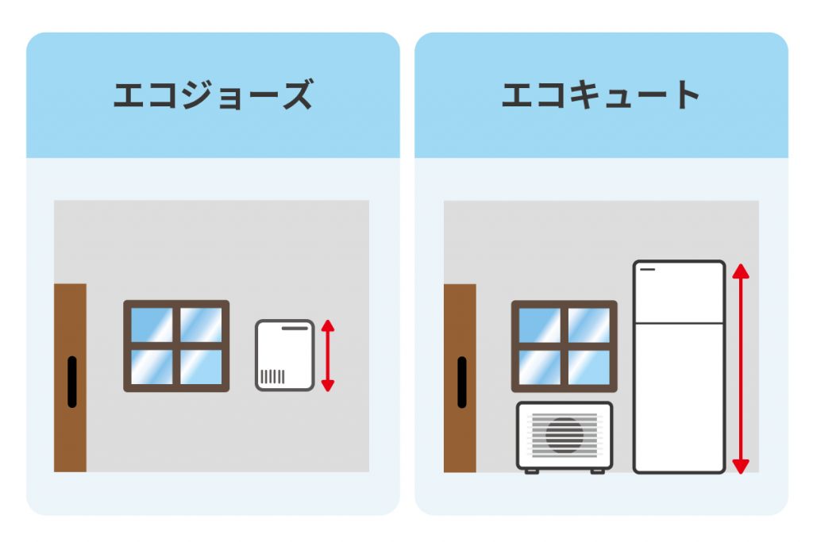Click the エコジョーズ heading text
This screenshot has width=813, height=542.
[213, 94]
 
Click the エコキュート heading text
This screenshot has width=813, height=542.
[601, 94]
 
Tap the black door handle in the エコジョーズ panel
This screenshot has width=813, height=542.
[72, 382]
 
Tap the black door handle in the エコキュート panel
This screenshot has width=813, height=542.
[462, 382]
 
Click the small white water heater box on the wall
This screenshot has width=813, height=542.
[285, 355]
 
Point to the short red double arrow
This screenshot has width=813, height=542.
[328, 356]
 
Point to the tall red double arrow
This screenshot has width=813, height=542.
[741, 368]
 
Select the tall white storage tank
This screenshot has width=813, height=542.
[679, 367]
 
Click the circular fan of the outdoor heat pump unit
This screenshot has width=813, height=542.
[564, 436]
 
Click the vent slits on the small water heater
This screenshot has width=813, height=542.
[272, 377]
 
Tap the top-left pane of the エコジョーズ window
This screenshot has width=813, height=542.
[152, 325]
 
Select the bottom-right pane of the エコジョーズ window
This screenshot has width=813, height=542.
[201, 367]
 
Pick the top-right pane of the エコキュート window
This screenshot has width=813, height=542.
[589, 325]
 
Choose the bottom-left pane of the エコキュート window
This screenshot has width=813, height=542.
[540, 367]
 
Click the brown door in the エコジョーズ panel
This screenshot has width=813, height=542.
[70, 378]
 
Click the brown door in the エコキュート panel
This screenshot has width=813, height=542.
[460, 379]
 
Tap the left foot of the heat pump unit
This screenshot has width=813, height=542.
[531, 471]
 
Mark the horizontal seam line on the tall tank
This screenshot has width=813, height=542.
[679, 323]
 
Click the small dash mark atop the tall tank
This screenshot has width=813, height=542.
[648, 270]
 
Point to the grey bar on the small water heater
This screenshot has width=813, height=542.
[295, 328]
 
